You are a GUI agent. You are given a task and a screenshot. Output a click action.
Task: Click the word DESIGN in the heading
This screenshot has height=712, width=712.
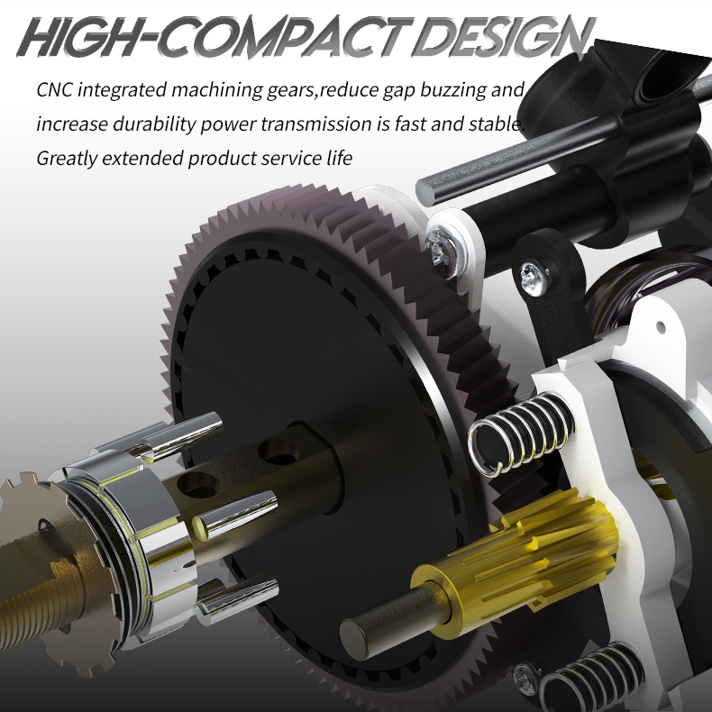(x=505, y=37)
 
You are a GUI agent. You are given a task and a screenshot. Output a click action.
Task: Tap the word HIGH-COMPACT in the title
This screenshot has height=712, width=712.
(x=215, y=37)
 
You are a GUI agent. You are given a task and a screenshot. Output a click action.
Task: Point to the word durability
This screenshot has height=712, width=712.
(x=154, y=124)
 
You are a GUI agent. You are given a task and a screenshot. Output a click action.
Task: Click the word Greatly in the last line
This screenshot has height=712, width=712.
(x=67, y=159)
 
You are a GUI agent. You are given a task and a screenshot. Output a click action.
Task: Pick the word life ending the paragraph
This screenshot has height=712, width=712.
(x=340, y=158)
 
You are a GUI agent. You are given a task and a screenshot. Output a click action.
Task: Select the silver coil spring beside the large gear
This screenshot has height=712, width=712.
(x=521, y=434)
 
